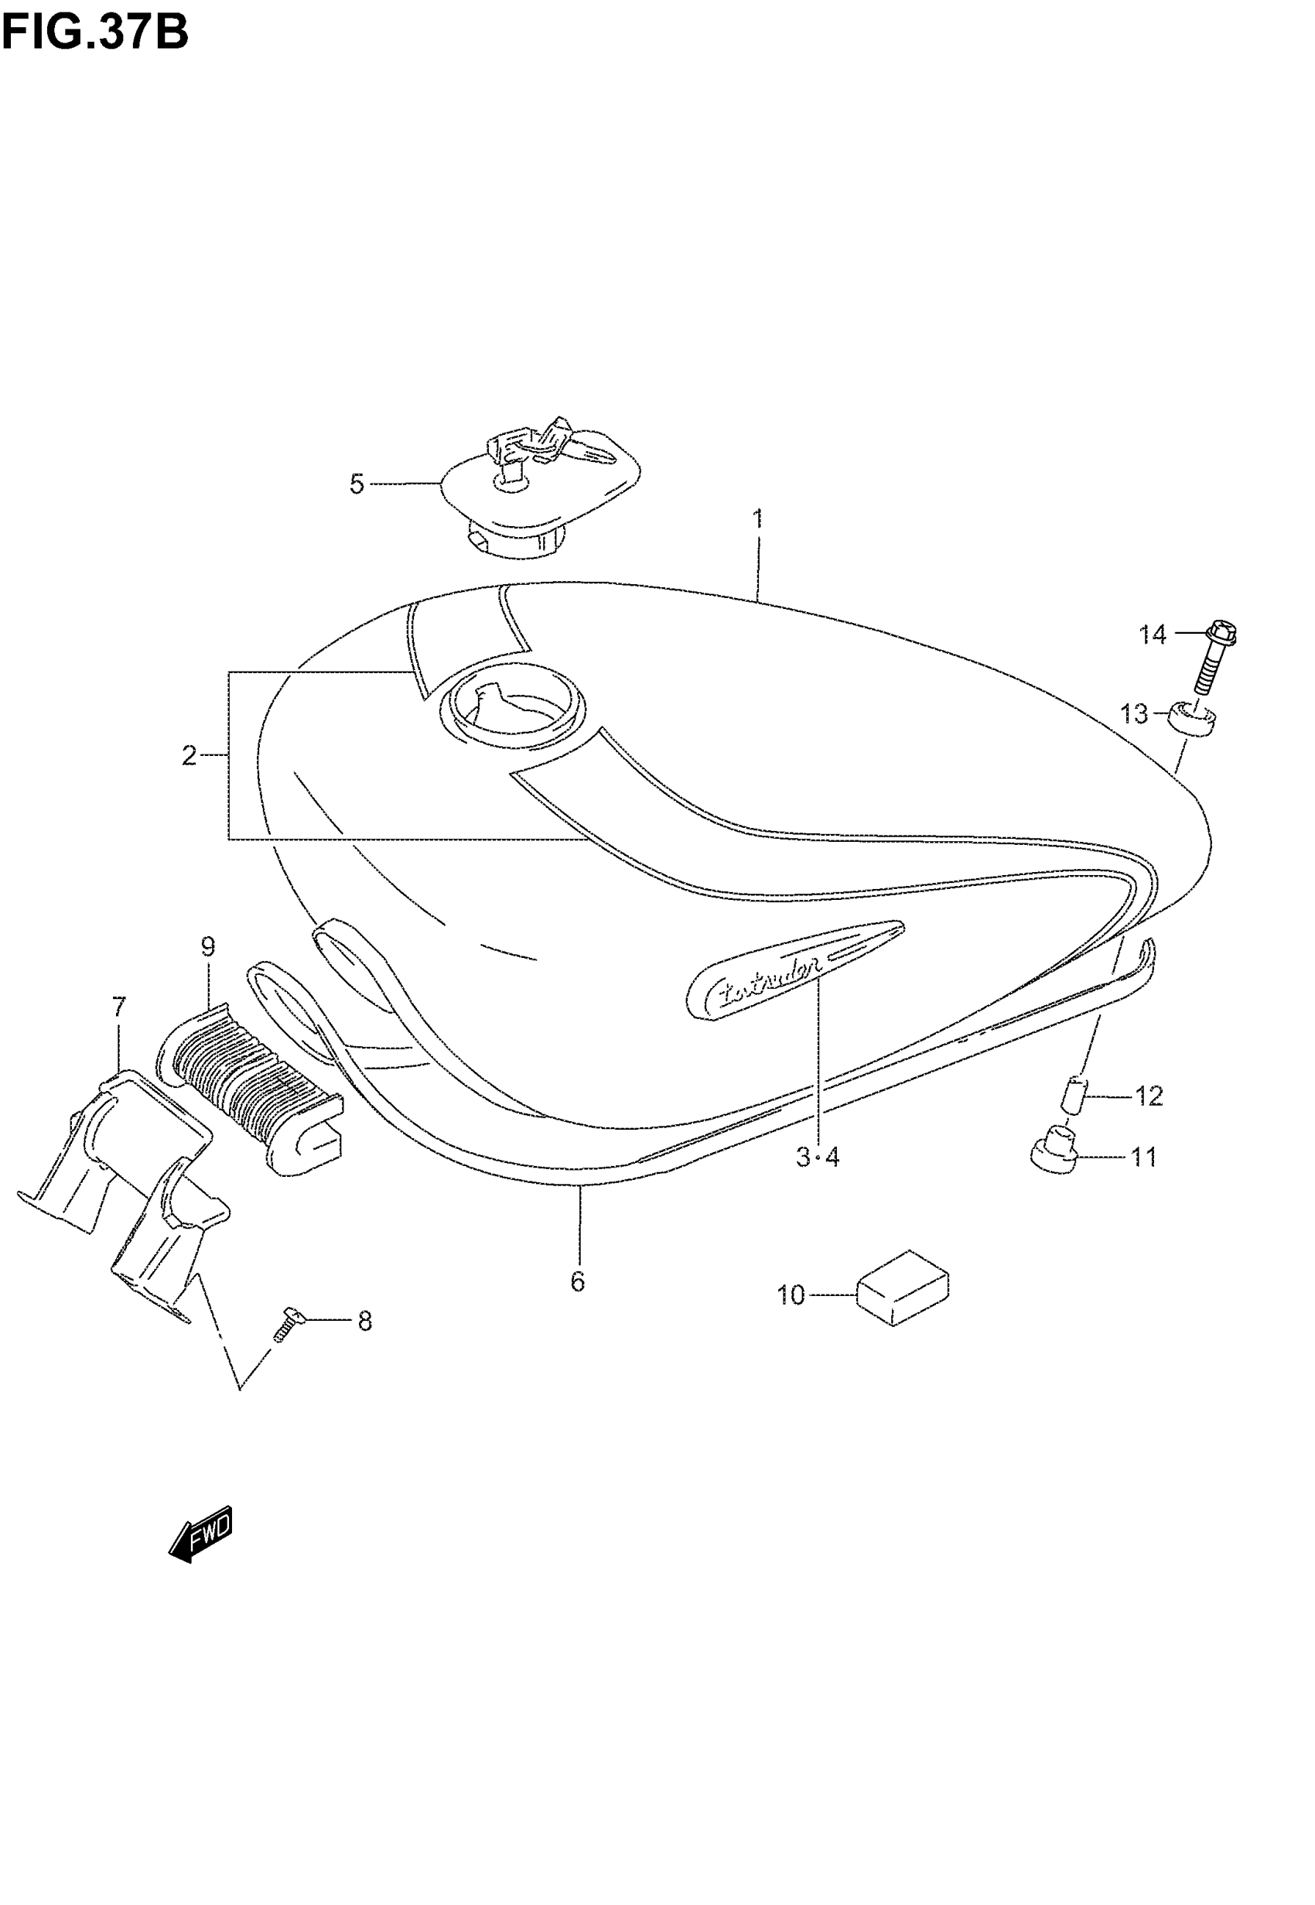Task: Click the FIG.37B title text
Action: coord(94,33)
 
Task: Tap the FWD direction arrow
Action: coord(201,1534)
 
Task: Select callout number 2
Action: coord(190,754)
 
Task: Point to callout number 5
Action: coord(356,484)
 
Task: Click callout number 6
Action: coord(578,1281)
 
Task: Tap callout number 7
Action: coord(118,1007)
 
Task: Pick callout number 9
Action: coord(207,947)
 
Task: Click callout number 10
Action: coord(790,1295)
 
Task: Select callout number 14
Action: coord(1153,634)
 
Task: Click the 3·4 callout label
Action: coord(818,1158)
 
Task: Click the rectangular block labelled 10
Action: coord(903,1287)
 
